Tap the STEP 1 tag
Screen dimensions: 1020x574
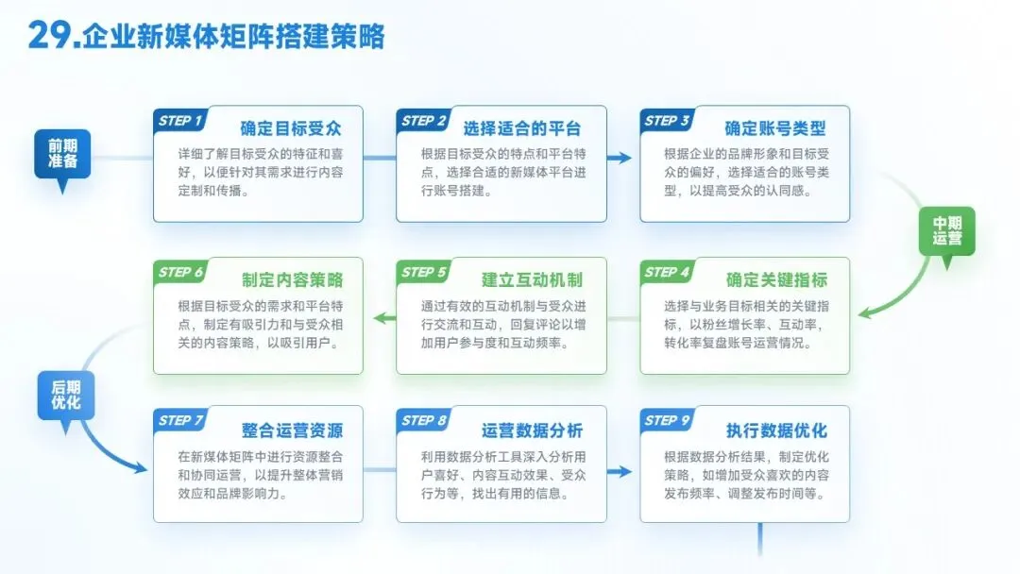[x=180, y=120]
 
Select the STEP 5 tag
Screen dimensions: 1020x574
[x=423, y=272]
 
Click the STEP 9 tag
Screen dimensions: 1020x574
[x=667, y=420]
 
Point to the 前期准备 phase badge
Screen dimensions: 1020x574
[x=62, y=154]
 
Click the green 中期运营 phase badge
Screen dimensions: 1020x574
[x=946, y=231]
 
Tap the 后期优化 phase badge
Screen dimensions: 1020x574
[x=66, y=396]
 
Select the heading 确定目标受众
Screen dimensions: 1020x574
[x=291, y=128]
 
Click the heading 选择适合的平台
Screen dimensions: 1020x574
[x=521, y=128]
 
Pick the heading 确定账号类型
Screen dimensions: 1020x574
[x=775, y=128]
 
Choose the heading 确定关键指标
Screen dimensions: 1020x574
[x=776, y=279]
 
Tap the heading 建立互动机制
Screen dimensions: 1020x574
[x=532, y=279]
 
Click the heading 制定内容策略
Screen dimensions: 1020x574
[x=292, y=279]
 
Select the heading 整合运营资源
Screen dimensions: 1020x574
[x=292, y=430]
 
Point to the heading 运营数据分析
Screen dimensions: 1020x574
[x=532, y=430]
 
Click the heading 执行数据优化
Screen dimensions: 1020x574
[x=776, y=430]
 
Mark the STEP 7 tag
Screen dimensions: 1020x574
[x=180, y=420]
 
